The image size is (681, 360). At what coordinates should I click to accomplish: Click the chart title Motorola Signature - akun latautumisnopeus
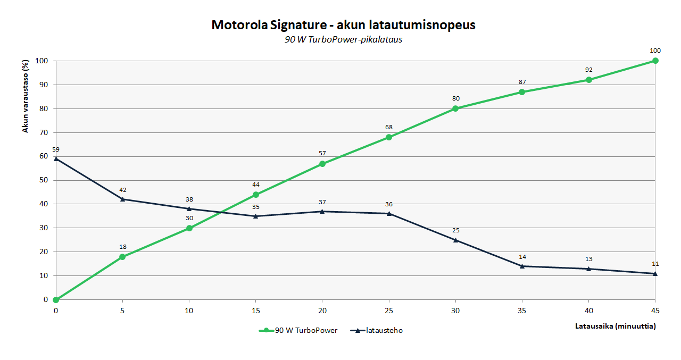[x=343, y=25]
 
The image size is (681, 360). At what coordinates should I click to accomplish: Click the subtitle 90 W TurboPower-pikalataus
[x=343, y=40]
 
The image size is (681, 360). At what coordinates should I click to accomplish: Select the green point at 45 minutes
[x=655, y=61]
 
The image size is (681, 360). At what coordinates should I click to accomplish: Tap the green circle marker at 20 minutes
[x=322, y=164]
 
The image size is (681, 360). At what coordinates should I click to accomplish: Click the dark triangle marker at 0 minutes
[x=56, y=158]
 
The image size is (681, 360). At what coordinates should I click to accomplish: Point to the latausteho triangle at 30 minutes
[x=455, y=240]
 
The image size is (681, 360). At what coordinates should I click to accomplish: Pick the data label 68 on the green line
[x=389, y=127]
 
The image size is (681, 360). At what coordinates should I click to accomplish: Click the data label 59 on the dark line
[x=56, y=149]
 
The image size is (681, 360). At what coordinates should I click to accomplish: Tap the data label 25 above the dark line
[x=455, y=230]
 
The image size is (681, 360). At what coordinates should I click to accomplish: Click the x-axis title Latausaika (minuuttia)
[x=616, y=326]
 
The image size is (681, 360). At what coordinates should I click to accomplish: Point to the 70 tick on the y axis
[x=44, y=132]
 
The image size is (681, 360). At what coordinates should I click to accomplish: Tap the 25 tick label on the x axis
[x=389, y=311]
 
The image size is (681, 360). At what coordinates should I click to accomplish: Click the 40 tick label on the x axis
[x=588, y=311]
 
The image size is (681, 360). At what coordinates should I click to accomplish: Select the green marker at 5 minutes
[x=122, y=257]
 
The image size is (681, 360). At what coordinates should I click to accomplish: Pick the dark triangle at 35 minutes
[x=522, y=266]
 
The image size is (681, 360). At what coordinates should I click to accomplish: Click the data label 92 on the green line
[x=588, y=70]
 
